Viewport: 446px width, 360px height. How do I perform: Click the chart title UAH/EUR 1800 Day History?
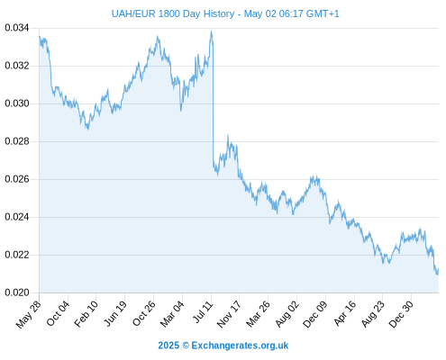[x=173, y=13]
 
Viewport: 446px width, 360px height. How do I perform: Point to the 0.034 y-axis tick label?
[x=17, y=28]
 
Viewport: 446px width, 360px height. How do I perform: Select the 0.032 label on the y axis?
[x=17, y=66]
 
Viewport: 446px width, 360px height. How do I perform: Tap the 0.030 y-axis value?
[x=17, y=103]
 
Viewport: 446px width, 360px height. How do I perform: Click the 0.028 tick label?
[x=17, y=141]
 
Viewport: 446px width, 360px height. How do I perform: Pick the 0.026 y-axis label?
[x=17, y=179]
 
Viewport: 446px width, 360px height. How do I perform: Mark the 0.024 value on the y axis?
[x=17, y=217]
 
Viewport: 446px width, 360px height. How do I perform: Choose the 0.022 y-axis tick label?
[x=17, y=255]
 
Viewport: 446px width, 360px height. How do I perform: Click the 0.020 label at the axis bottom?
[x=17, y=292]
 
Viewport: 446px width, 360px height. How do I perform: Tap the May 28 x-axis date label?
[x=29, y=314]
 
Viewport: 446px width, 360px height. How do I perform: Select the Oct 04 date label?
[x=58, y=313]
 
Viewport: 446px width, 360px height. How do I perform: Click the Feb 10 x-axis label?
[x=86, y=314]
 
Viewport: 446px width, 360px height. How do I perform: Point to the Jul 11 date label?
[x=204, y=312]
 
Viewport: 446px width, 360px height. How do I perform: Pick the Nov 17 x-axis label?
[x=229, y=314]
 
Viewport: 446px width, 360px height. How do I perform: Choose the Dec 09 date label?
[x=315, y=314]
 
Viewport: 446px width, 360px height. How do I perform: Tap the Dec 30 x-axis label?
[x=401, y=314]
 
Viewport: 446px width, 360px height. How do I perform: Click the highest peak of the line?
[x=212, y=31]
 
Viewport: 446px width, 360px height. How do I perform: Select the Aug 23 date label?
[x=373, y=314]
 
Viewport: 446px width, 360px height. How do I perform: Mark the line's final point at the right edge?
[x=438, y=269]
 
